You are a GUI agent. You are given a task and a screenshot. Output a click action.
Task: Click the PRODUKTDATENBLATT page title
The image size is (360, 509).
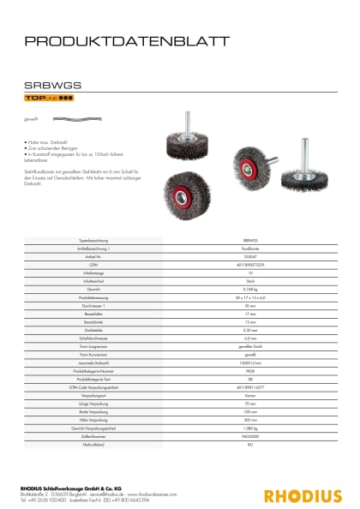126,40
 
